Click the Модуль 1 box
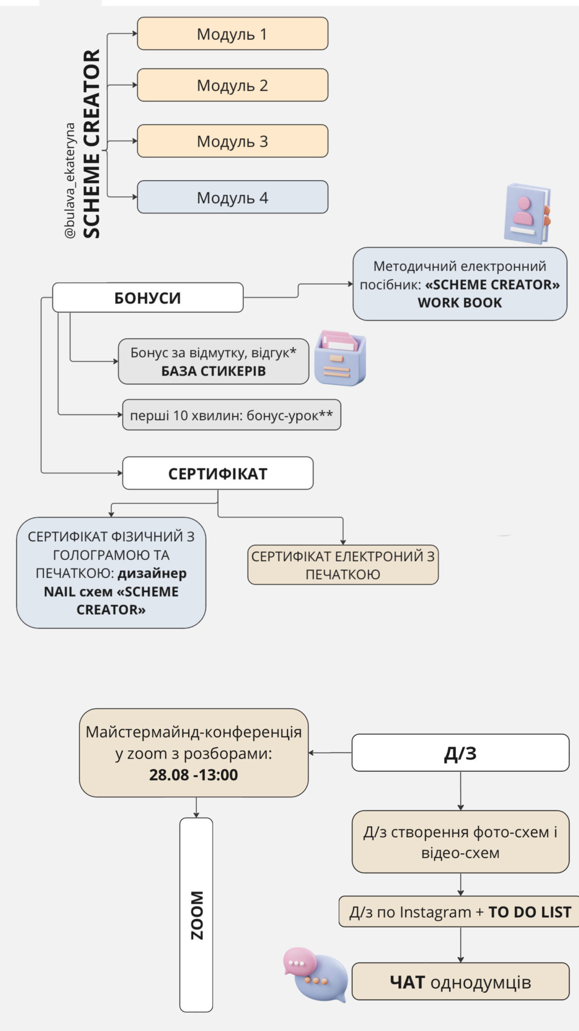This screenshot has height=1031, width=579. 232,34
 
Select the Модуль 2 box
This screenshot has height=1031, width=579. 232,85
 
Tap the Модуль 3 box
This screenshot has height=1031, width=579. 232,141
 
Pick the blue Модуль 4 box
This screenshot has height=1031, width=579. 232,197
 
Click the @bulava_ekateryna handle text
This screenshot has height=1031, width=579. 70,180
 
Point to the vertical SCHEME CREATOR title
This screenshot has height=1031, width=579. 92,143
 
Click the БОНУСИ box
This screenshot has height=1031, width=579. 147,298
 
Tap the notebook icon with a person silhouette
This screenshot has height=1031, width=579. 527,213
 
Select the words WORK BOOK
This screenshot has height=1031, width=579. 459,303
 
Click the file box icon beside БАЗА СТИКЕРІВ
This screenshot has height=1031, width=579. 340,358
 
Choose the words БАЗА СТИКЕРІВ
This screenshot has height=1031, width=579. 213,372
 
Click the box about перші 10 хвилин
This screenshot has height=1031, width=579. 231,415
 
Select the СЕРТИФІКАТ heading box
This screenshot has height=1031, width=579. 217,473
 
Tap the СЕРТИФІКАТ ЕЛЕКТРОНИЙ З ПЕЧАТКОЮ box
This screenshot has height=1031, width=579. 343,565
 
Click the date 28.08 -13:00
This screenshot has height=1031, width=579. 193,775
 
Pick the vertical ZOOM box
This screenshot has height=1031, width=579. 196,915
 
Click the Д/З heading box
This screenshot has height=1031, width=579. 460,753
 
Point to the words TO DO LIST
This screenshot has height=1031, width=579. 530,912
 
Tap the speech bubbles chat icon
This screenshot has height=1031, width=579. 315,974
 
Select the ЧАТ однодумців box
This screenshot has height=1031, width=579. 460,982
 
